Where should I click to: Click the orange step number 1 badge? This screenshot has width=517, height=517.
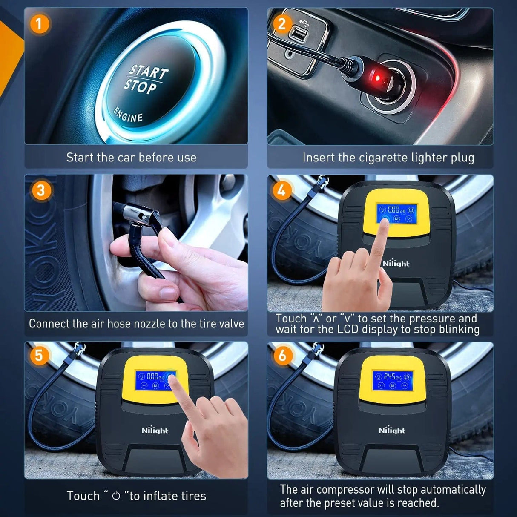pos(39,24)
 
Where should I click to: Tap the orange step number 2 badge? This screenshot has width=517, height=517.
pos(281,24)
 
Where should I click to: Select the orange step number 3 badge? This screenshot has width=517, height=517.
pos(41,190)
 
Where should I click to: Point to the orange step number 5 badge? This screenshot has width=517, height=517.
pos(39,354)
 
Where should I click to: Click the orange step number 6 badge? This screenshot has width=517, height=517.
pos(282,355)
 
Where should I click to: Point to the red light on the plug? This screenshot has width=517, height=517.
pos(377,78)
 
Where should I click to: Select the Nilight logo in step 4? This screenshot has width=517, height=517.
pos(396,264)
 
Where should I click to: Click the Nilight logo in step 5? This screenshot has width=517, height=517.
pos(155,431)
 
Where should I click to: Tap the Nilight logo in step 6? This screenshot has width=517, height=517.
pos(392,431)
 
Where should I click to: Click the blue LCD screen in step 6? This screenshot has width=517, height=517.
pos(392,380)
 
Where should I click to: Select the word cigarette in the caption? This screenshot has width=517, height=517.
pos(384,158)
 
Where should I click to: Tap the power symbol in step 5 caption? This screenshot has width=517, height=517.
pos(116,496)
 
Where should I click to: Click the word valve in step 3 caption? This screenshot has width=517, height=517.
pos(232,324)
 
